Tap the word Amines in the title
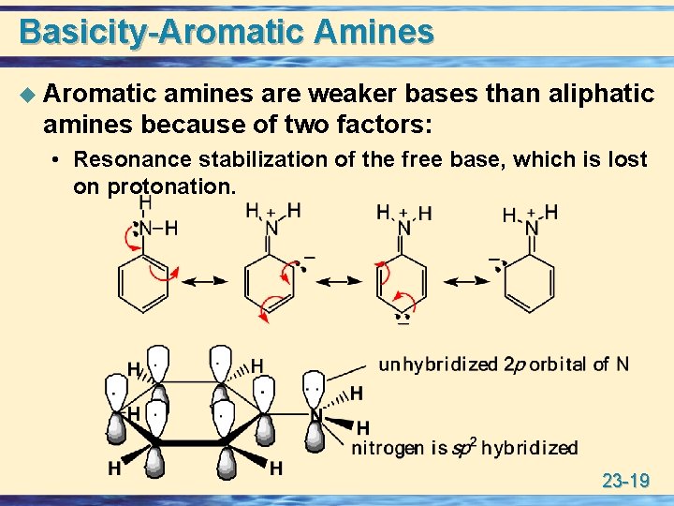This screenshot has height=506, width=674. coord(374,32)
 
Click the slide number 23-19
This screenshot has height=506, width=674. coord(625,482)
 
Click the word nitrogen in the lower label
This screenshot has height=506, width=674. coord(387,448)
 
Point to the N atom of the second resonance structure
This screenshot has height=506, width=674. coord(271,228)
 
